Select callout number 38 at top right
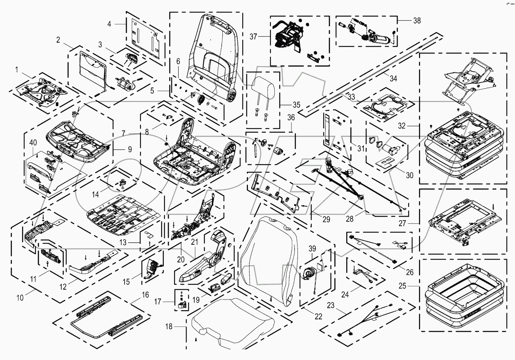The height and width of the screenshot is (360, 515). (417, 21)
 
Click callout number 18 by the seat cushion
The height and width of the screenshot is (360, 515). (169, 327)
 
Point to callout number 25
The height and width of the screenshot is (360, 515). (413, 285)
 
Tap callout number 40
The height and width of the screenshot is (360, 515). (33, 143)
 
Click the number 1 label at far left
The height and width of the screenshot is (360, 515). (16, 70)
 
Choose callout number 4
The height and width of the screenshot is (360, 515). (109, 24)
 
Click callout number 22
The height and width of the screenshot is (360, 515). (318, 316)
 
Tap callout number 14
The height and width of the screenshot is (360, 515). (95, 194)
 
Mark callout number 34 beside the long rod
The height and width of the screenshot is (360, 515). (393, 78)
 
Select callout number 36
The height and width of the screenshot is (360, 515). (291, 118)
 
